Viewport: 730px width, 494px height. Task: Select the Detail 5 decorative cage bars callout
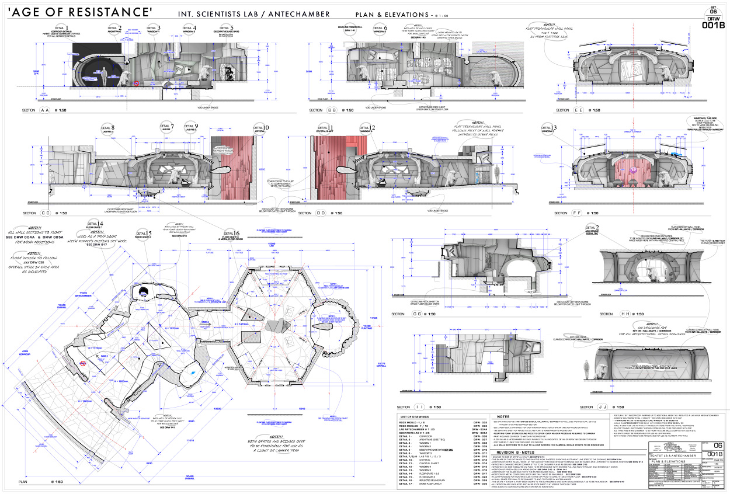coord(225,29)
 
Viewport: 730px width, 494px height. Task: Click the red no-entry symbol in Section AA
coord(136,84)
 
